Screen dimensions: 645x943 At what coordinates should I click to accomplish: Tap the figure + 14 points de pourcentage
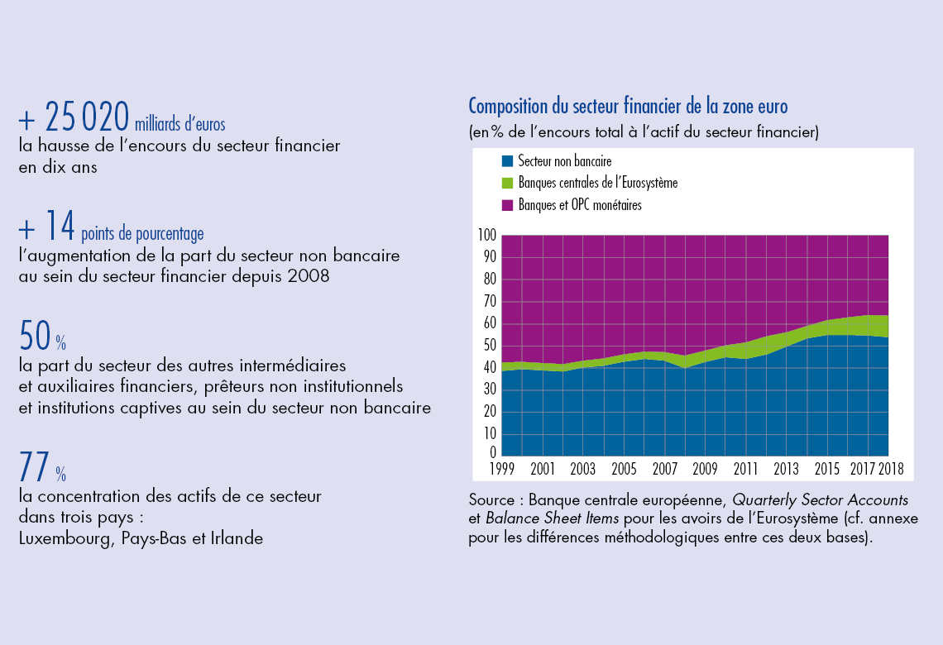click(x=111, y=227)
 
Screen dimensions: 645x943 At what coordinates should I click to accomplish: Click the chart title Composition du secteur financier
click(x=628, y=107)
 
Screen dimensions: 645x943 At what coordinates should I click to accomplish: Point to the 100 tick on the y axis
click(x=487, y=236)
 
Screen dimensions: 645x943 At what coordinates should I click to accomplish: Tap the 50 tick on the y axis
click(x=490, y=345)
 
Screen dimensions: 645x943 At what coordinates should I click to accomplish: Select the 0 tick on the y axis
click(x=493, y=453)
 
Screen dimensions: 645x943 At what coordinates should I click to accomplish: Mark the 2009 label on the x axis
click(x=705, y=469)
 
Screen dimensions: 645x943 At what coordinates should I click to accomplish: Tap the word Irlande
click(x=236, y=539)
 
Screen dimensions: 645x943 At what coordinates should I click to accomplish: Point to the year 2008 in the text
click(x=309, y=276)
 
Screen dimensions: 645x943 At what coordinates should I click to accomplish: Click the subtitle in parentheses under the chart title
click(x=644, y=131)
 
